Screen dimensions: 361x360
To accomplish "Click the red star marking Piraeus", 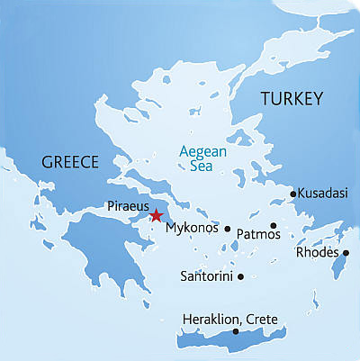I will [x=156, y=215].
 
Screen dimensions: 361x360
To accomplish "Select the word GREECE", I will [x=69, y=163].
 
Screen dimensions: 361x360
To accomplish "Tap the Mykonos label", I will [x=193, y=230].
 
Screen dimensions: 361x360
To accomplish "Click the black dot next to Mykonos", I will [x=228, y=228].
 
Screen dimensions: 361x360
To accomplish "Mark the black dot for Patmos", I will [x=273, y=225].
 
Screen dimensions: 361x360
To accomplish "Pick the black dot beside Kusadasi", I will [x=292, y=193].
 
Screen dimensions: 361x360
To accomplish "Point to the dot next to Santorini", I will [x=240, y=275].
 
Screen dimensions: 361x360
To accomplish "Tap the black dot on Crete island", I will [x=235, y=332].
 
